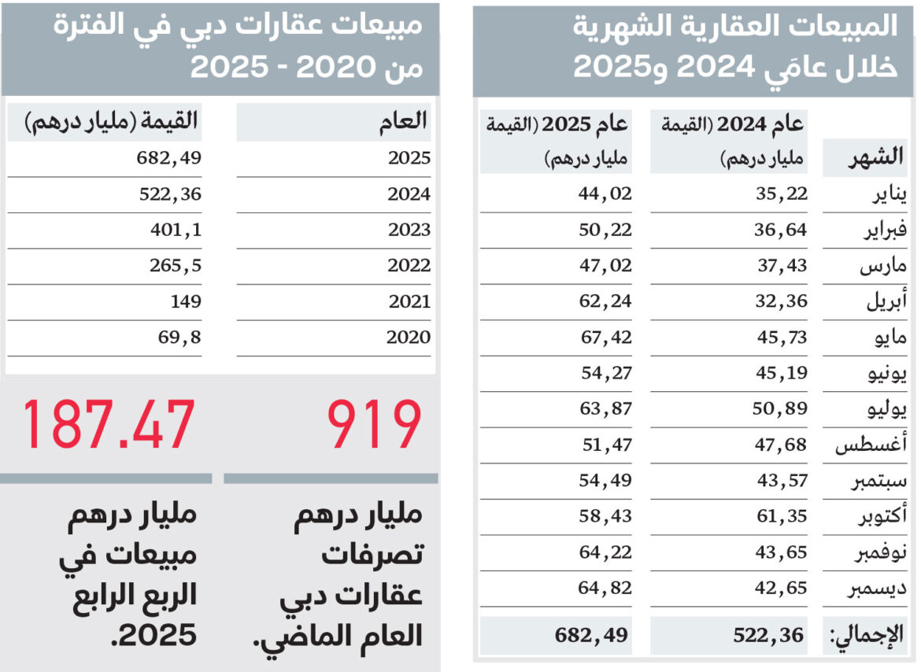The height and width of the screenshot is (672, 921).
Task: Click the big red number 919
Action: click(375, 426)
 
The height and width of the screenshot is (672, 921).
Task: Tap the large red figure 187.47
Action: click(108, 426)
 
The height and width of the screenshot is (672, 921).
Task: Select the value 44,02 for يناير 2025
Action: click(605, 194)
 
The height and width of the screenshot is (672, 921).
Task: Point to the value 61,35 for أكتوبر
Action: click(782, 516)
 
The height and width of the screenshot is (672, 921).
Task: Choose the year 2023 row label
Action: click(409, 230)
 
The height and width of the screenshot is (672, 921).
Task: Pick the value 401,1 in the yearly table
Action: click(176, 230)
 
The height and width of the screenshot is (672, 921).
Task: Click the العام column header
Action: click(404, 121)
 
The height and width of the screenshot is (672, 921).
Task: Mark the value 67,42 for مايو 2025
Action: click(605, 337)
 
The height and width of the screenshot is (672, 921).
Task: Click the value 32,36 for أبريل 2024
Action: click(782, 301)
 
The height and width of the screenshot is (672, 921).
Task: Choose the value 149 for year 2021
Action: click(185, 301)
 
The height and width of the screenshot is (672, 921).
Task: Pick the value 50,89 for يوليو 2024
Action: click(782, 408)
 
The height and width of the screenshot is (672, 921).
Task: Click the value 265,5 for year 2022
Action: click(176, 266)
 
